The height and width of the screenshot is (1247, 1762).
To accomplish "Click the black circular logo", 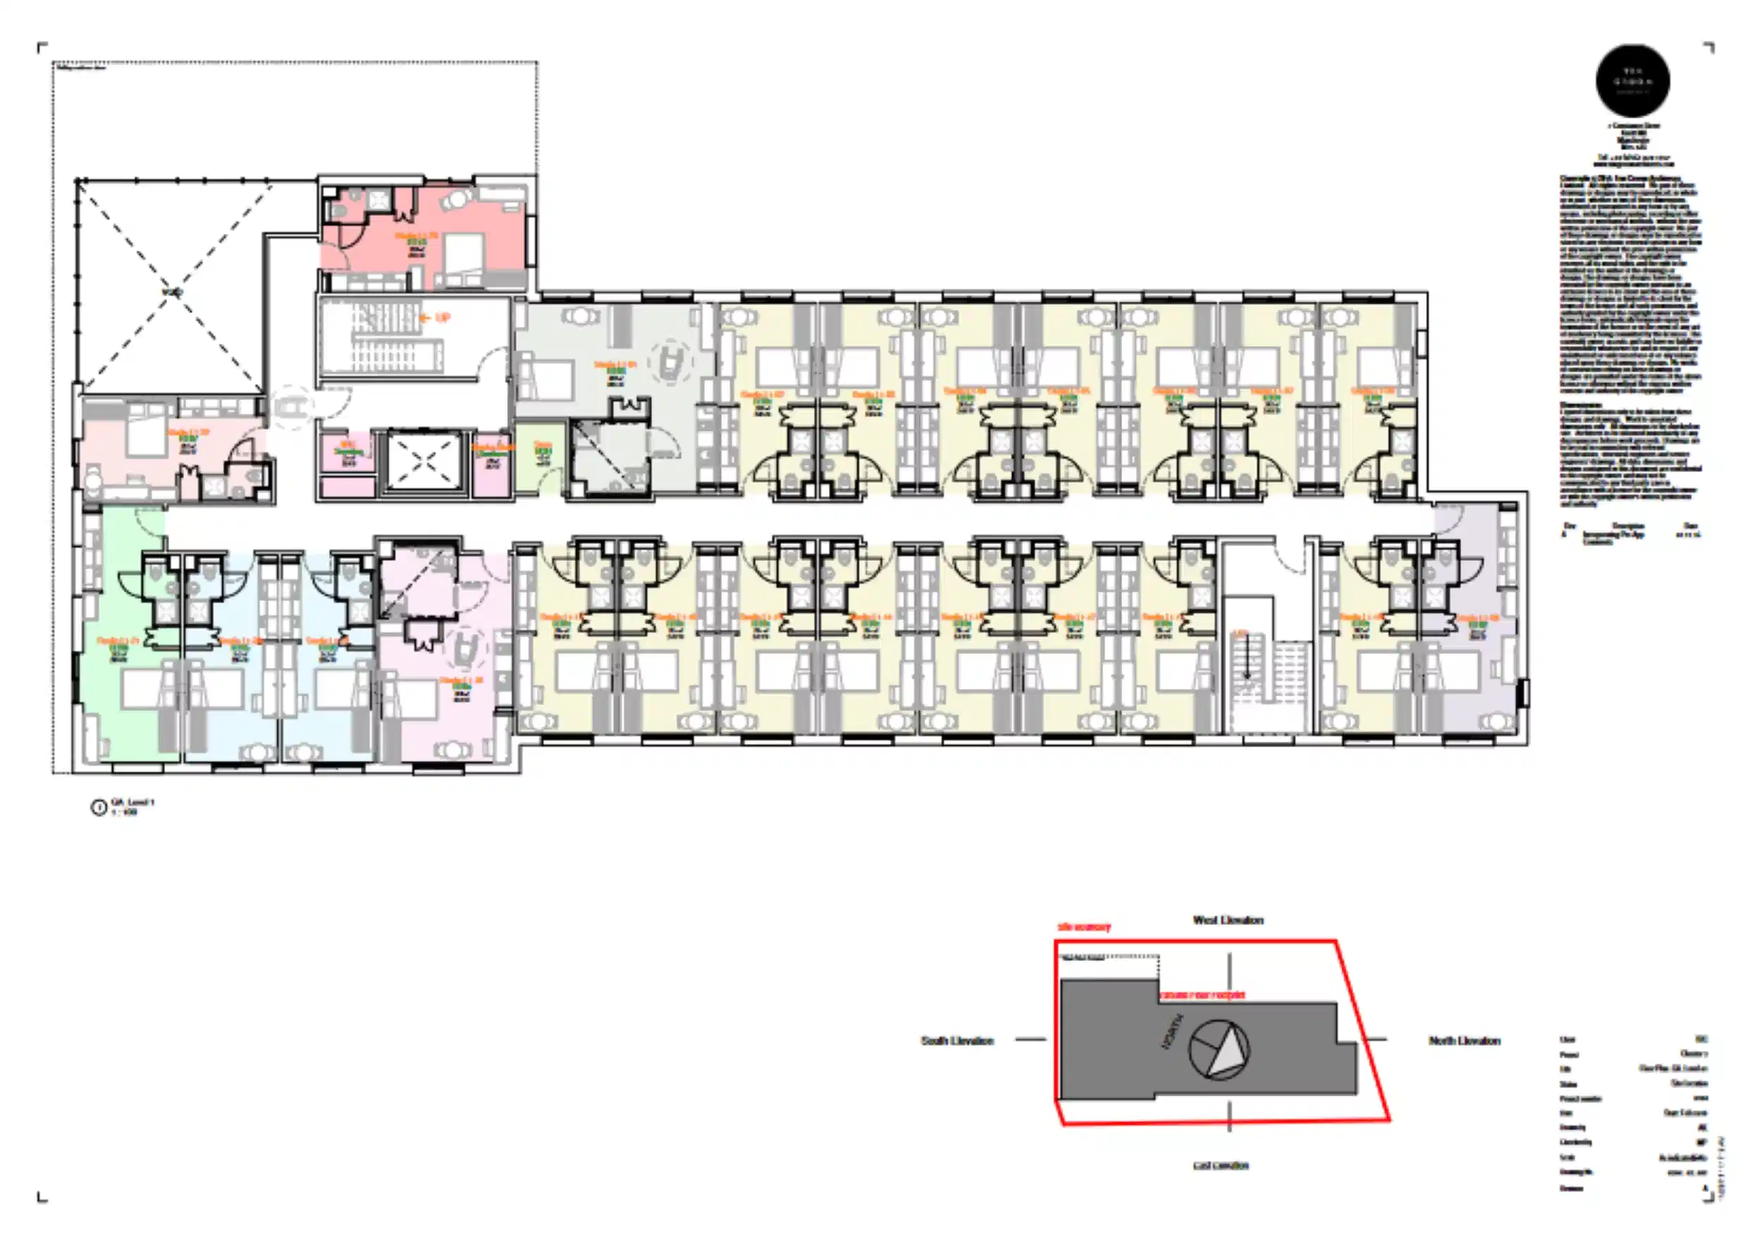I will coord(1632,80).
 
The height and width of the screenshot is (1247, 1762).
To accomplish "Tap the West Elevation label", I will coord(1227,920).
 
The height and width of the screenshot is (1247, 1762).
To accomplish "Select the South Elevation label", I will coord(957,1041).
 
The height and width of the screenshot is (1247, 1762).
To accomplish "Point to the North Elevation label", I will coord(1464,1041).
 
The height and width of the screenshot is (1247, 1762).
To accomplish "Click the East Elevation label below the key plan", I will coord(1221,1165).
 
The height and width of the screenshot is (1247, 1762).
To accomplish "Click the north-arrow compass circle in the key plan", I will coord(1219,1049).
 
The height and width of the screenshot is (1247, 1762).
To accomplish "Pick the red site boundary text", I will coord(1084,927).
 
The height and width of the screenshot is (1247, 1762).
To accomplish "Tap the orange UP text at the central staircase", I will coord(442,317).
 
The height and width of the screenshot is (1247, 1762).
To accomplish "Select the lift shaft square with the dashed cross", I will coord(424,461).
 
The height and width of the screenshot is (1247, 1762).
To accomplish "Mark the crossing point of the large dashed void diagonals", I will coord(173,292).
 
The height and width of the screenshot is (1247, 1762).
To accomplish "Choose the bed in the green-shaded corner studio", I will coord(146,689).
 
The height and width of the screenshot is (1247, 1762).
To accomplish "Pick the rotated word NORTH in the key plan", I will coord(1171,1031).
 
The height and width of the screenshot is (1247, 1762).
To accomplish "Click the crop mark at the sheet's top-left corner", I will coord(42,48).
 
